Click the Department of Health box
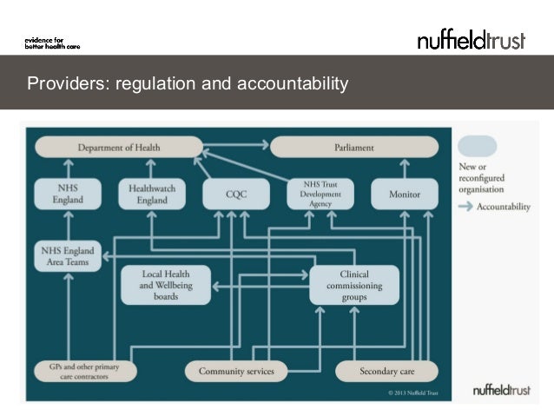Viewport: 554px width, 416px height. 119,148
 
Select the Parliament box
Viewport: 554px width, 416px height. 354,148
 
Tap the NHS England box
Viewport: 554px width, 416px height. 68,194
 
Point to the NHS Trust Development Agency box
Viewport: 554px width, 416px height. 320,194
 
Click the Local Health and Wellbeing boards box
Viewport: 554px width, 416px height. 166,285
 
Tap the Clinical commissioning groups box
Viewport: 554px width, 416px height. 353,285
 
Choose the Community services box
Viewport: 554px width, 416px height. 236,372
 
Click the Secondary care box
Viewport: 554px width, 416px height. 387,372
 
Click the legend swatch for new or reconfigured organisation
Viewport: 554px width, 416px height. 477,146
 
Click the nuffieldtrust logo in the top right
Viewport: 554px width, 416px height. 471,40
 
